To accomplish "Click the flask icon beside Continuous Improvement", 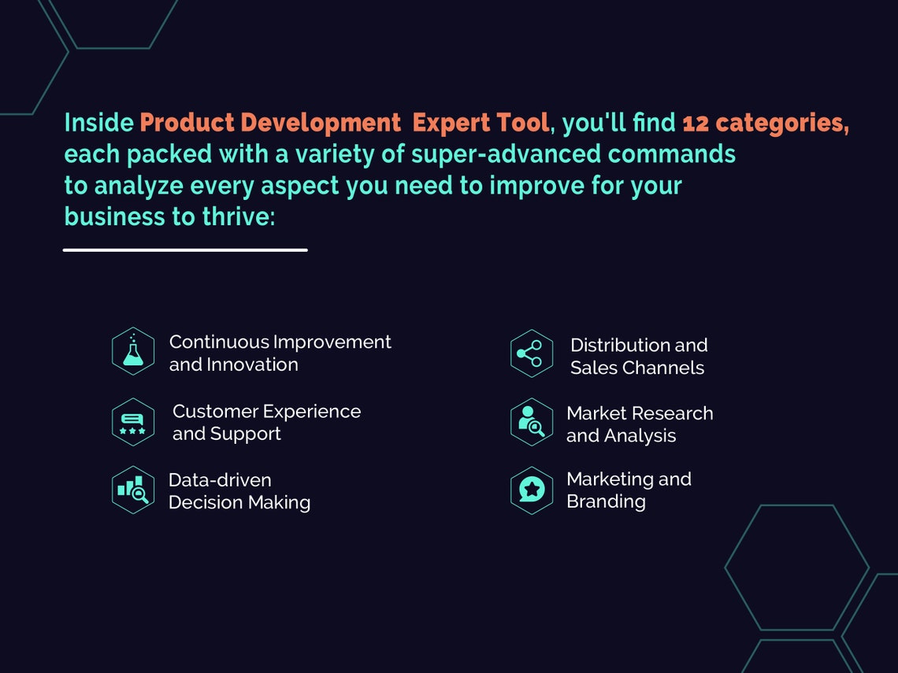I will point(133,351).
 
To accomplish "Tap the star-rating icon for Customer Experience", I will point(133,422).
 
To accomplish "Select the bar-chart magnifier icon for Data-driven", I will point(133,490).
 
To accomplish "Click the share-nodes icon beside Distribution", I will point(532,353).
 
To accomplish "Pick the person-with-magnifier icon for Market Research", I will point(532,422).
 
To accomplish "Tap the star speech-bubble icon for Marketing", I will point(532,490).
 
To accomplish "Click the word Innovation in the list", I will point(252,364).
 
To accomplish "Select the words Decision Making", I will point(239,502).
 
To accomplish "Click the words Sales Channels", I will point(636,368).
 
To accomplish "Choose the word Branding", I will point(606,502).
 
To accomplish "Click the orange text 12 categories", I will point(764,123).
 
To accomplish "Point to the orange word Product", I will point(186,123).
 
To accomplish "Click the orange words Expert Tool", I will point(481,123).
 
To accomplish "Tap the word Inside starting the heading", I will point(99,123).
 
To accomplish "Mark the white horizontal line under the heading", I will point(185,250).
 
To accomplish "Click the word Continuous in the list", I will point(219,342).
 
